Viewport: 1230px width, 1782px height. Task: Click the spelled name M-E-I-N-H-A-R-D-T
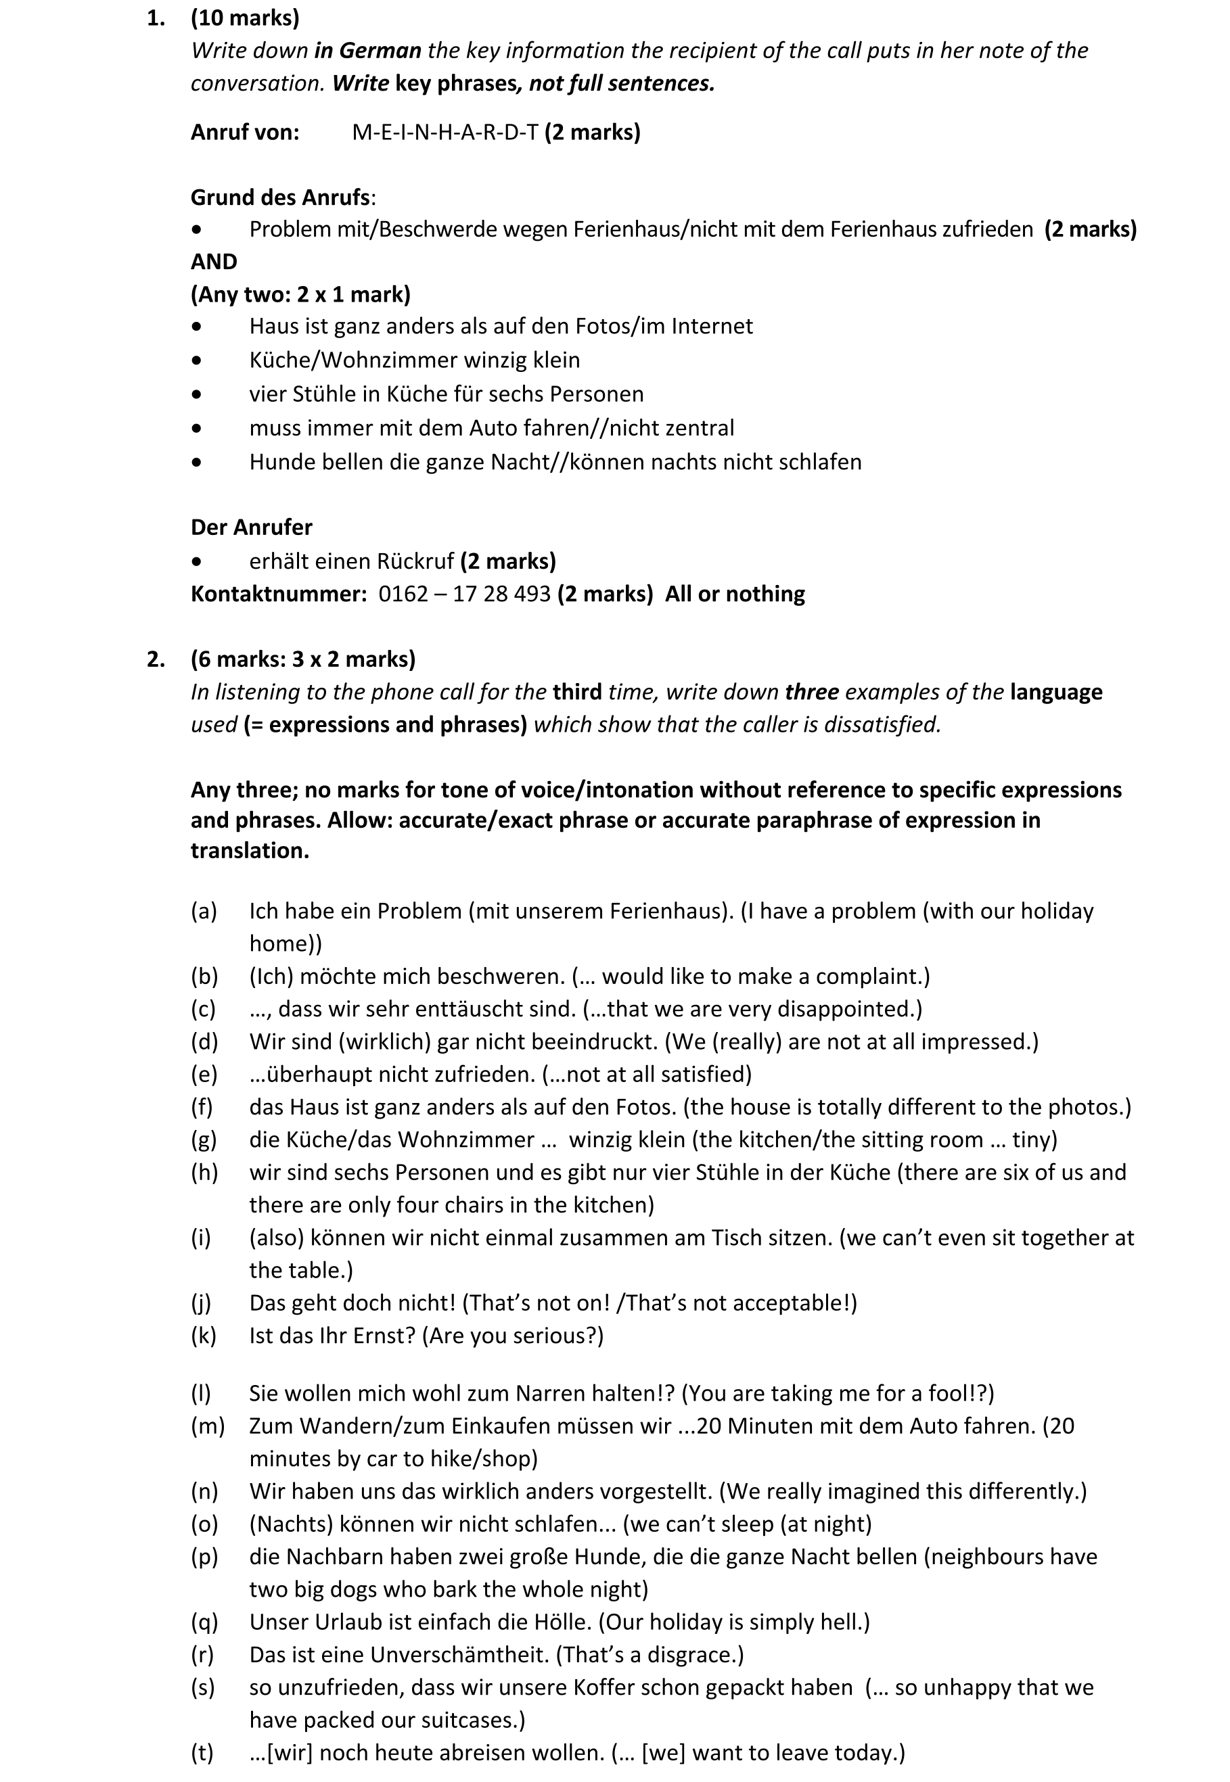[x=445, y=133]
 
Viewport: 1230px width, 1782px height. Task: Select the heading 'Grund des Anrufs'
[x=281, y=197]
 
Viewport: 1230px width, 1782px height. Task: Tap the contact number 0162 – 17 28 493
[x=464, y=593]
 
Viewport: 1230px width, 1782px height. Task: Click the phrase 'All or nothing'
[x=735, y=593]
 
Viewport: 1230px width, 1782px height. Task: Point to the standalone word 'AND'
[x=214, y=262]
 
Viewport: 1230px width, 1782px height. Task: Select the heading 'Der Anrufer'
[x=251, y=527]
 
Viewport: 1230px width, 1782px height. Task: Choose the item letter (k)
[x=204, y=1335]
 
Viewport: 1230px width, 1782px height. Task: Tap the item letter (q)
[x=204, y=1622]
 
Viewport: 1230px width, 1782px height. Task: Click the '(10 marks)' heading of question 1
[x=245, y=18]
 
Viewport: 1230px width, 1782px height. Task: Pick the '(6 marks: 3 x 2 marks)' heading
[x=303, y=659]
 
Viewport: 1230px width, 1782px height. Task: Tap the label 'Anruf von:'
[x=245, y=133]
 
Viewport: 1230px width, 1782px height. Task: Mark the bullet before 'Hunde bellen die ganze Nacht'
[x=198, y=463]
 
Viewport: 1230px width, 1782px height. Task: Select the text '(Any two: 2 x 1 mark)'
[x=300, y=294]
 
